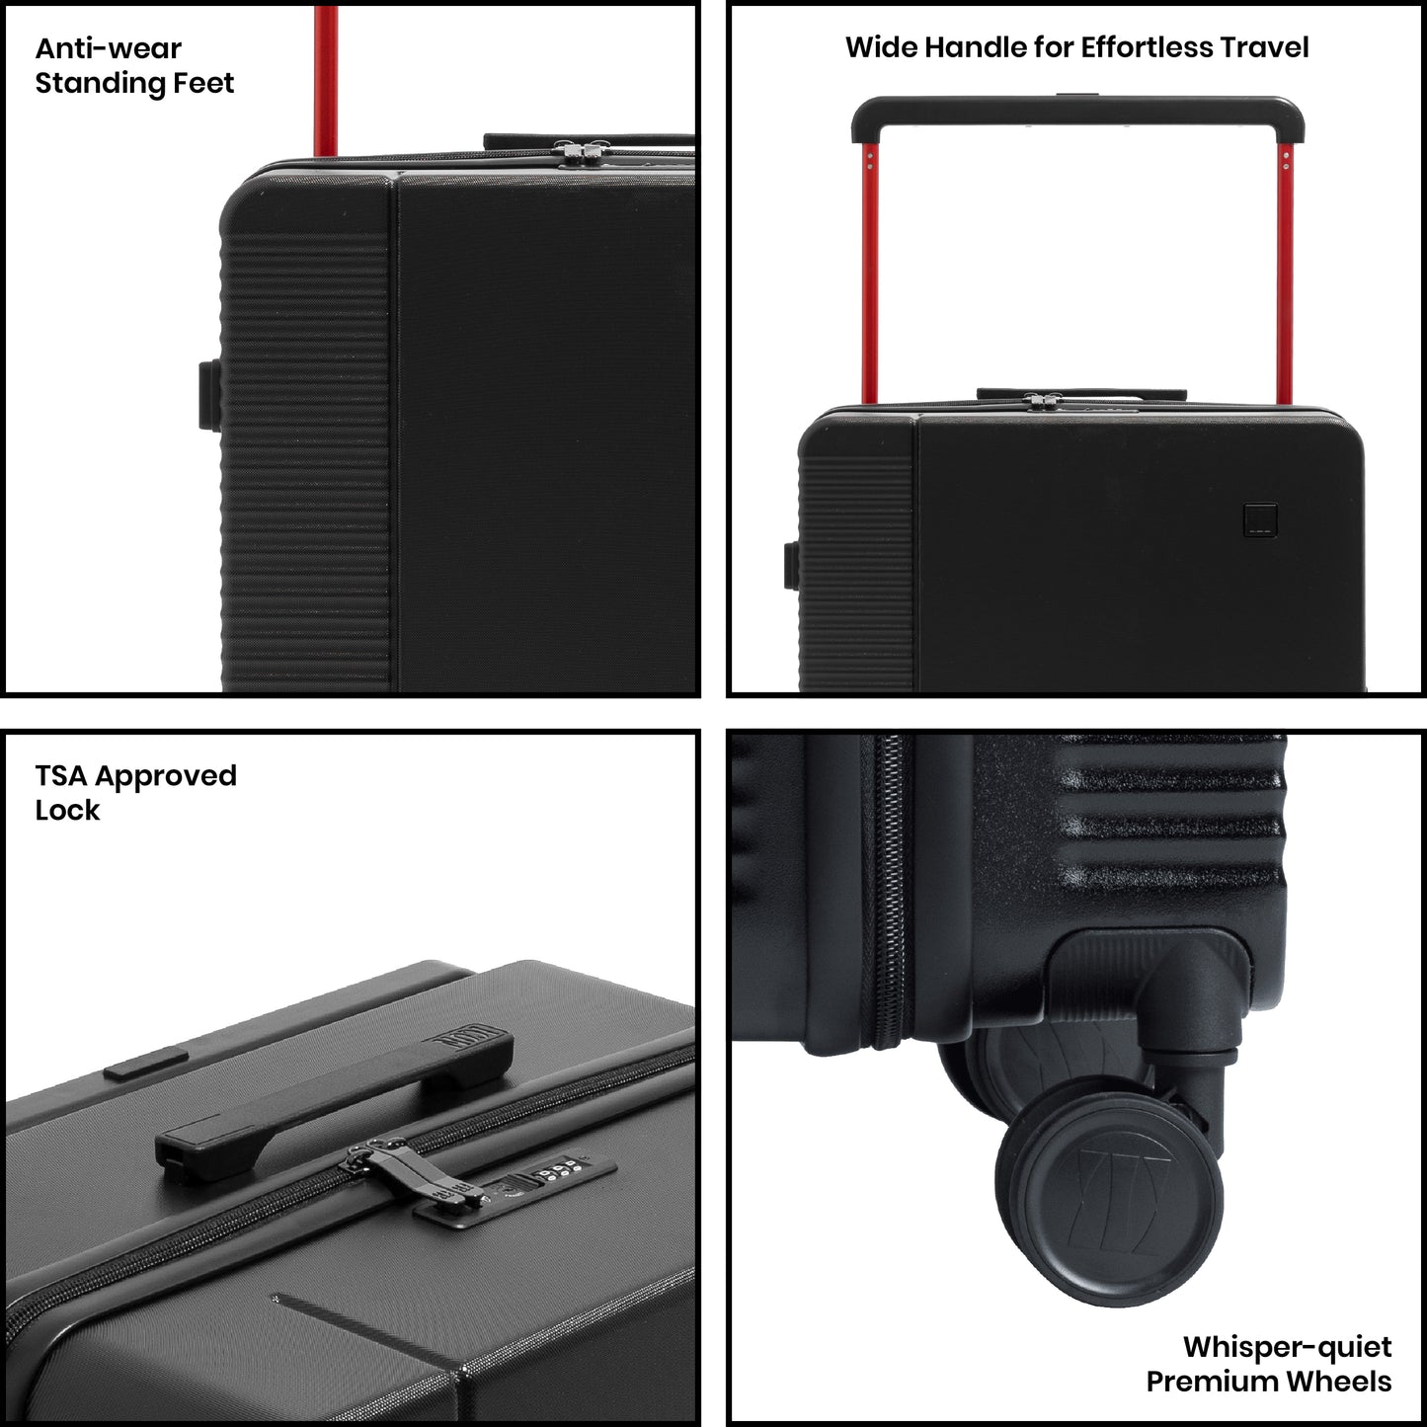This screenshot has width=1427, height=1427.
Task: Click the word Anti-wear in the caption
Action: coord(108,48)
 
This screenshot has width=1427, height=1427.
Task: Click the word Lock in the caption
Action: coord(67,811)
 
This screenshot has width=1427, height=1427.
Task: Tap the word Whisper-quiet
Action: coord(1287,1347)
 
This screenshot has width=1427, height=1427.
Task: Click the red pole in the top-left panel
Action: coord(326,81)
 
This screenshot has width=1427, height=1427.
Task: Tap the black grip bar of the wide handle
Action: coord(1077,110)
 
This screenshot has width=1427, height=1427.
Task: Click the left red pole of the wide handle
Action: coord(870,273)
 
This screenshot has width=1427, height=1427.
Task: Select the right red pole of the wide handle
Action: coord(1285,273)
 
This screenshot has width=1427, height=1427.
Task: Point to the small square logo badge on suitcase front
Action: coord(1260,519)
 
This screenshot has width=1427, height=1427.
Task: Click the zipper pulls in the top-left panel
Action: coord(582,152)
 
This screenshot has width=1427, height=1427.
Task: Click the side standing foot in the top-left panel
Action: coord(209,395)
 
